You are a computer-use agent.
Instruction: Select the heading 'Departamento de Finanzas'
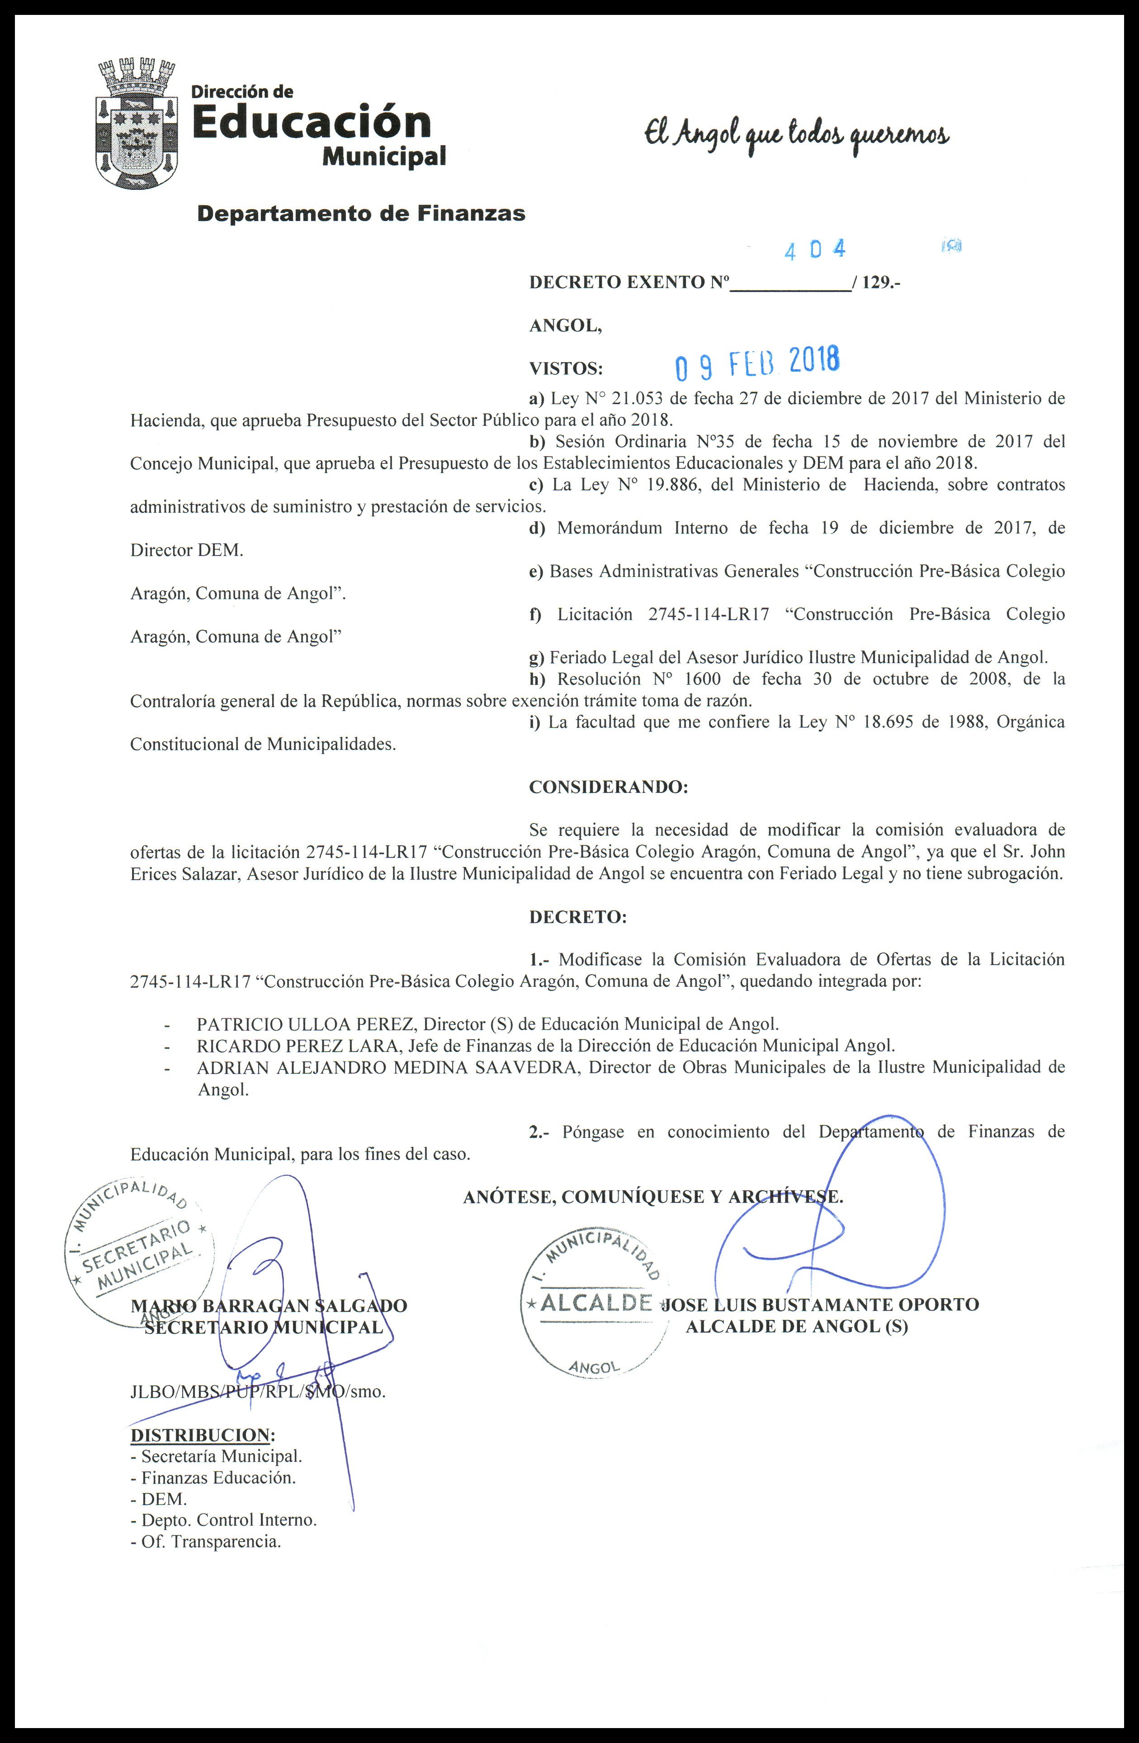pos(362,214)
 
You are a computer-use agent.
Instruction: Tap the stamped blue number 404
pos(814,250)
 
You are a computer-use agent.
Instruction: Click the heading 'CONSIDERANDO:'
pos(608,787)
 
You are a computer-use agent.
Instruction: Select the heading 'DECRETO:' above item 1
pos(578,917)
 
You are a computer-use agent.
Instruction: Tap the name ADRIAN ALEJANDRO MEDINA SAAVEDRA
pos(388,1067)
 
